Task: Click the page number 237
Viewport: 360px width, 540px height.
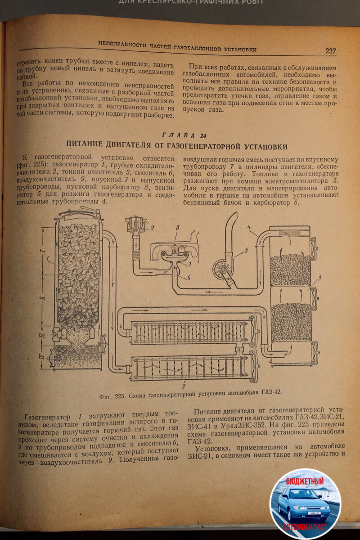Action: pos(331,51)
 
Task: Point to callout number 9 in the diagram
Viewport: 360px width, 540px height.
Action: pos(152,228)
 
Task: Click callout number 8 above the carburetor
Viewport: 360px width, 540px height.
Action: pos(177,228)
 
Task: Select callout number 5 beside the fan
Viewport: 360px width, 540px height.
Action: pos(246,250)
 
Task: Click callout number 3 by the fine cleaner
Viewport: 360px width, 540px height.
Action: pos(319,279)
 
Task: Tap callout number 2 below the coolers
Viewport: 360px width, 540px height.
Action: pos(184,386)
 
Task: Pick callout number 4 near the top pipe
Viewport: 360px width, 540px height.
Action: pos(249,228)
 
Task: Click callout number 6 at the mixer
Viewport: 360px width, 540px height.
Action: pos(189,278)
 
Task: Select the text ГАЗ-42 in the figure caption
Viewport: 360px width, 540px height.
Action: pos(271,391)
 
